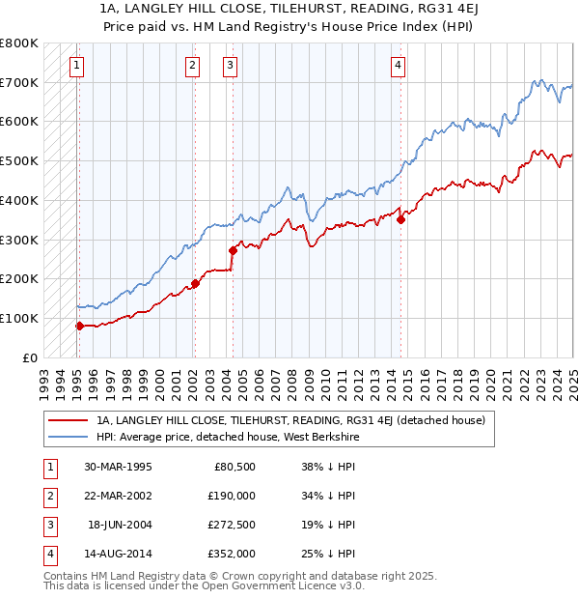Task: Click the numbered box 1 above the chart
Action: (x=76, y=66)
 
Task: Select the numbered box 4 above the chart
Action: (x=398, y=66)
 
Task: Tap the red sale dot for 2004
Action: (x=233, y=250)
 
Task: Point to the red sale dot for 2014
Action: (x=400, y=219)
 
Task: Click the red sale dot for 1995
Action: (x=79, y=326)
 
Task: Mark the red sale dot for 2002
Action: (x=194, y=283)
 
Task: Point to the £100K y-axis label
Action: (x=19, y=318)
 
